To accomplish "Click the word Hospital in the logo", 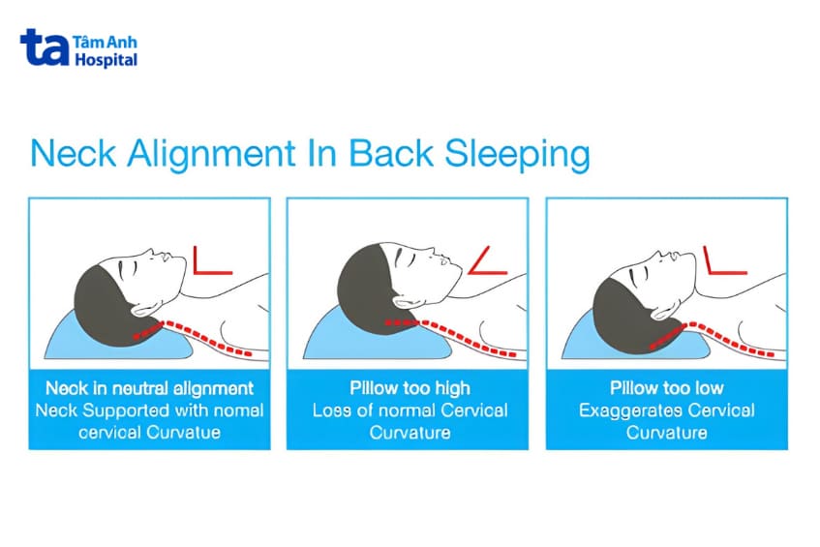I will click(x=106, y=60).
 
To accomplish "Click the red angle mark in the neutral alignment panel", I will click(x=213, y=262).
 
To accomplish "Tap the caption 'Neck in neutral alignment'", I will click(x=149, y=388).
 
